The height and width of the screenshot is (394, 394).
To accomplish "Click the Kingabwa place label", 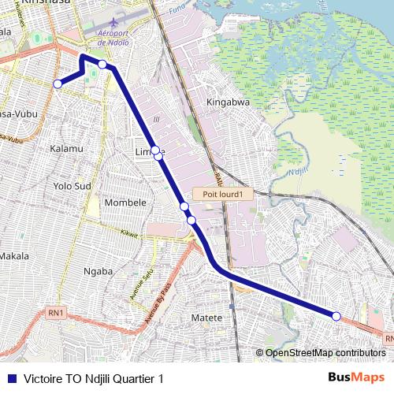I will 228,102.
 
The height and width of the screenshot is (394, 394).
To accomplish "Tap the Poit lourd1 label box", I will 222,194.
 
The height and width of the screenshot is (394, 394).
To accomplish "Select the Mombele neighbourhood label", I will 125,203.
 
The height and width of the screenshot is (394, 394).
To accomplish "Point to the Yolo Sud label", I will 72,186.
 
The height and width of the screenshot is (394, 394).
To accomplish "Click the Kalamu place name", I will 66,148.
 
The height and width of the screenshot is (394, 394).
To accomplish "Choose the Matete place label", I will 207,318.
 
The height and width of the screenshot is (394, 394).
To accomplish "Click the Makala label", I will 13,256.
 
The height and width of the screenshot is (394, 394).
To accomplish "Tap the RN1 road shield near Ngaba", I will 55,313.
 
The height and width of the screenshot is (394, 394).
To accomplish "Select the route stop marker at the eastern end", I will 336,316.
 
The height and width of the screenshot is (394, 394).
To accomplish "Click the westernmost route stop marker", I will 57,84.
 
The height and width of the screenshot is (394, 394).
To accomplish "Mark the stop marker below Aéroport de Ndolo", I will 102,64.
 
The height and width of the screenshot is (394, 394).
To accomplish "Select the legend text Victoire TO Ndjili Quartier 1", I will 94,378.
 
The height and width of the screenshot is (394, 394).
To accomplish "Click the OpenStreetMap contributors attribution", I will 325,352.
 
